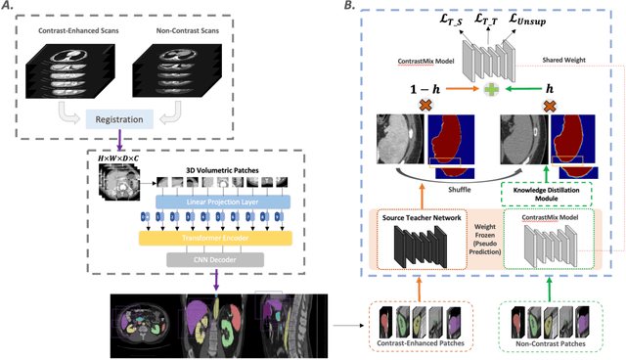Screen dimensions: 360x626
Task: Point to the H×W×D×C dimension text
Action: point(124,157)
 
